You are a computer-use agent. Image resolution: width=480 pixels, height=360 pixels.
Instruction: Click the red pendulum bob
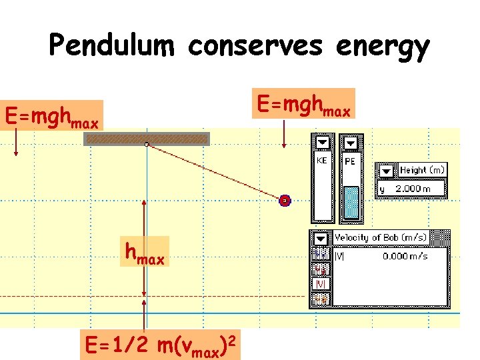(x=285, y=200)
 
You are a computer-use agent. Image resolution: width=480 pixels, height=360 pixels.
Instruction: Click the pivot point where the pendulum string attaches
(x=147, y=144)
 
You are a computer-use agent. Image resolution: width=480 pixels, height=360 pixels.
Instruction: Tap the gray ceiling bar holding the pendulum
(x=147, y=139)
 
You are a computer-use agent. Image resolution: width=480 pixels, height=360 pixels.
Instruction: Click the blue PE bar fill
(x=351, y=203)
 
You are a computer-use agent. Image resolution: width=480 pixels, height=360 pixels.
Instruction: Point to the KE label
(x=321, y=160)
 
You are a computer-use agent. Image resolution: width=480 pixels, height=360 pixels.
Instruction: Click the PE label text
(x=350, y=161)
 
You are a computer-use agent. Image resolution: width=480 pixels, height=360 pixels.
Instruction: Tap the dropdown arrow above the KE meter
(x=323, y=142)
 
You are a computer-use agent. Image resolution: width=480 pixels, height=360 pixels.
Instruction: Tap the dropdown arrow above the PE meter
(x=351, y=142)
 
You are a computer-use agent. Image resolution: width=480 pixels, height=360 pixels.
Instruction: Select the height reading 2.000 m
(x=413, y=189)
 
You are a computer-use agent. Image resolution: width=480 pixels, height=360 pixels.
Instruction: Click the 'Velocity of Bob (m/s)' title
(x=381, y=238)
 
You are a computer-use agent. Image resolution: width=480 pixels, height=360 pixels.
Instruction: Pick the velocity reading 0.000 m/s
(x=405, y=255)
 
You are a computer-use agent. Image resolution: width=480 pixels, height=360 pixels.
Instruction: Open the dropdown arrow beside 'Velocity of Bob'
(x=321, y=238)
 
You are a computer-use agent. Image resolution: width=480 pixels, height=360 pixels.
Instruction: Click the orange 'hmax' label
(x=145, y=252)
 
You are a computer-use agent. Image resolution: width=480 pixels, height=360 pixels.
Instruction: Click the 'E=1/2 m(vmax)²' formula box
(x=161, y=345)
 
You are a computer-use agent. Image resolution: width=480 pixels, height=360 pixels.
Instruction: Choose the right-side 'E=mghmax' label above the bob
(x=303, y=104)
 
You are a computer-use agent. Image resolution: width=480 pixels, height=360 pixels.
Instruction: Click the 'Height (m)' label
(x=422, y=170)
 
